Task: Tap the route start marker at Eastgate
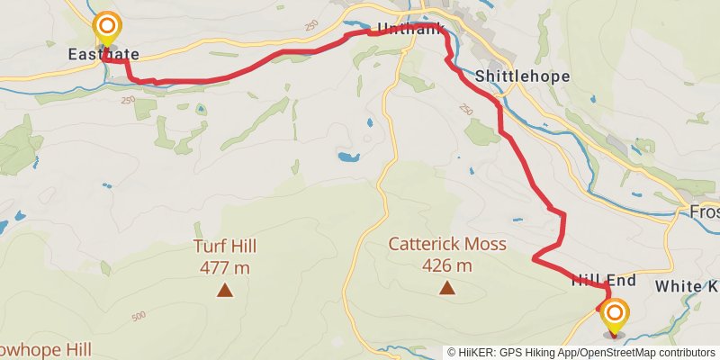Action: coord(107,27)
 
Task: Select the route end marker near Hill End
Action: coord(616,315)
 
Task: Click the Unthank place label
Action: coord(410,30)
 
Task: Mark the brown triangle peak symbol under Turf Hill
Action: coord(224,289)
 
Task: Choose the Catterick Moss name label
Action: coord(447,244)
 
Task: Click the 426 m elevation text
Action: coord(447,265)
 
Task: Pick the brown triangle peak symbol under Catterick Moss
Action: coord(447,288)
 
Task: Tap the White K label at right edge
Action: coord(687,286)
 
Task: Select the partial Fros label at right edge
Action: coord(704,212)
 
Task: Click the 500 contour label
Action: coord(138,316)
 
